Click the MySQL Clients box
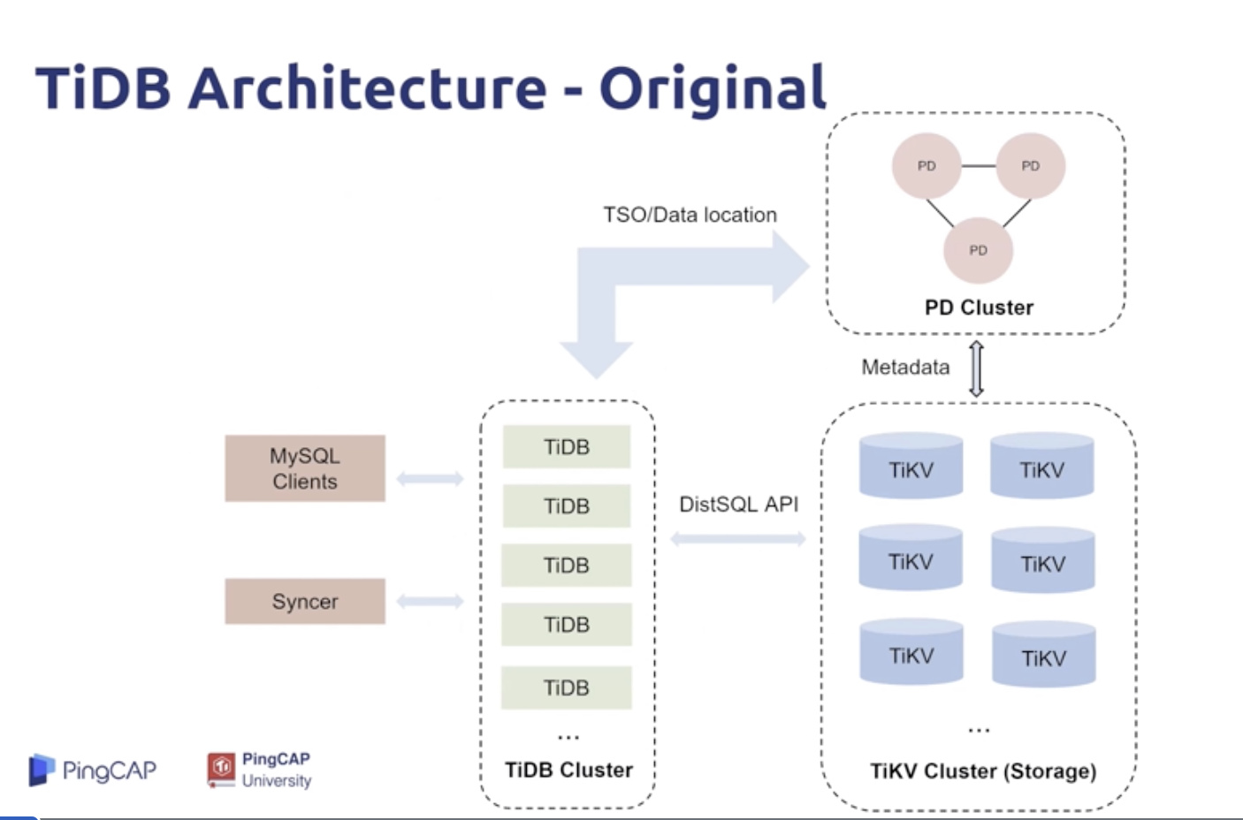[x=305, y=468]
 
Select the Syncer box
[x=305, y=602]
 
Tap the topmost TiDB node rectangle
[x=567, y=447]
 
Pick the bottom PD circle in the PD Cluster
[x=978, y=251]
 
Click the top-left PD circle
[x=926, y=166]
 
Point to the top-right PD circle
[x=1030, y=166]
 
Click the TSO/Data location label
[x=690, y=215]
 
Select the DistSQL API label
[x=738, y=505]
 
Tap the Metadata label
[x=905, y=368]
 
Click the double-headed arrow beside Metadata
[x=976, y=368]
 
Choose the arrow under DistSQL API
[x=738, y=539]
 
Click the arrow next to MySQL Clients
[x=430, y=479]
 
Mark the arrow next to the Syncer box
[x=430, y=602]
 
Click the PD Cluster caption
[x=979, y=307]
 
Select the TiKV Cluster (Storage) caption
[x=983, y=771]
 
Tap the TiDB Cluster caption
[x=568, y=771]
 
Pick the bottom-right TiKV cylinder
[x=1043, y=656]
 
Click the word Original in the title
[x=713, y=88]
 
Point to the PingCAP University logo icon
[x=221, y=769]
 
